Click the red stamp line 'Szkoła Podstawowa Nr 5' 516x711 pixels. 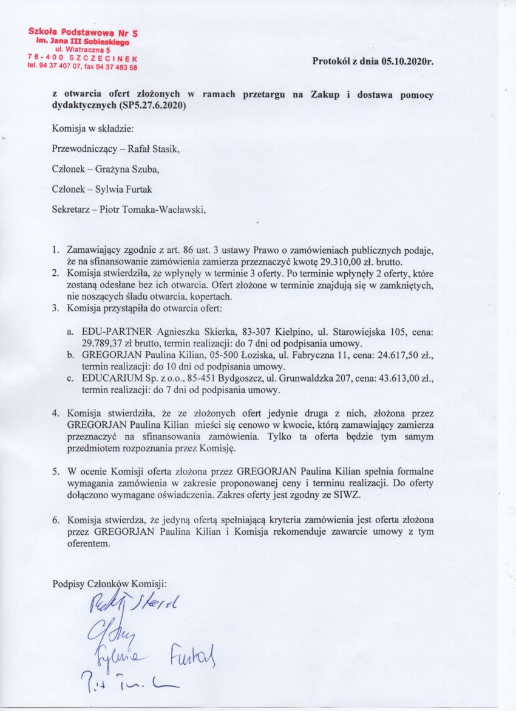[82, 32]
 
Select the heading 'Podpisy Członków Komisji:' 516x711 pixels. [109, 583]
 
